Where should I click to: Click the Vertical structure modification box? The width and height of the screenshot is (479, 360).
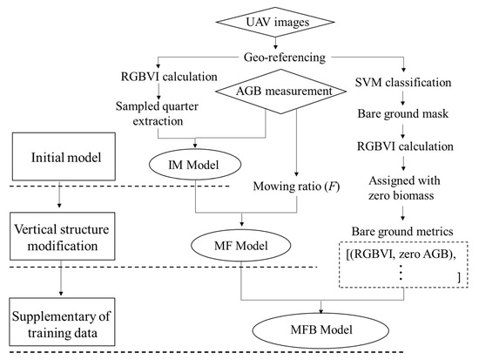[x=59, y=236]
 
